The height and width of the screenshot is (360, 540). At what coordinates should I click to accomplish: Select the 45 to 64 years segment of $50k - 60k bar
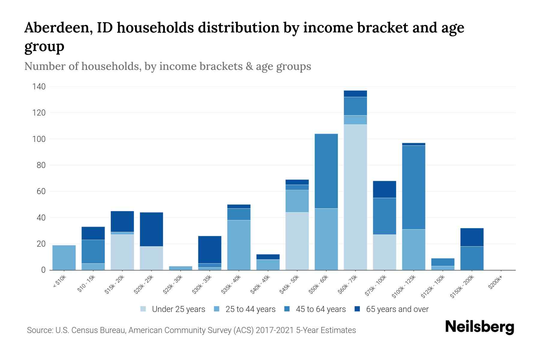tap(326, 171)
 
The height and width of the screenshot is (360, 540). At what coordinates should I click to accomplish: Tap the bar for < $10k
tap(64, 258)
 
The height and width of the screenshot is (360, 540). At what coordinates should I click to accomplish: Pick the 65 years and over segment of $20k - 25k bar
tap(151, 229)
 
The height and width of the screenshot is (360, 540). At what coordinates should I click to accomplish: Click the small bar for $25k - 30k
tap(181, 268)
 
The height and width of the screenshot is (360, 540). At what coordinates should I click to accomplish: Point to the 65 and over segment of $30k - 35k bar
tap(210, 250)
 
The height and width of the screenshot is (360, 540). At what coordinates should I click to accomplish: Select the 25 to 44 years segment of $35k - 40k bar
tap(239, 245)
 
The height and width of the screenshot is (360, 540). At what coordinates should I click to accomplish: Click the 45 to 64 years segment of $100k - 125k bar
tap(413, 187)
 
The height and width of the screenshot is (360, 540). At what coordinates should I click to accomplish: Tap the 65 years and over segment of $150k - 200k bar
tap(472, 237)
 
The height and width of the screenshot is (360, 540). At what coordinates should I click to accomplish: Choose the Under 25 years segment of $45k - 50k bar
tap(297, 241)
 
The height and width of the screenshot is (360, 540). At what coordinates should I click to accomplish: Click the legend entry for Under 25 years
tap(178, 309)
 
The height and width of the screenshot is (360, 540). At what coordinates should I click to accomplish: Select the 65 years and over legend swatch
tap(357, 309)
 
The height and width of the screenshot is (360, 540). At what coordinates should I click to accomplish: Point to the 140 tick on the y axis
tap(39, 87)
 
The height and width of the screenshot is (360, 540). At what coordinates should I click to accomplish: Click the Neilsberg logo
tap(479, 327)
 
